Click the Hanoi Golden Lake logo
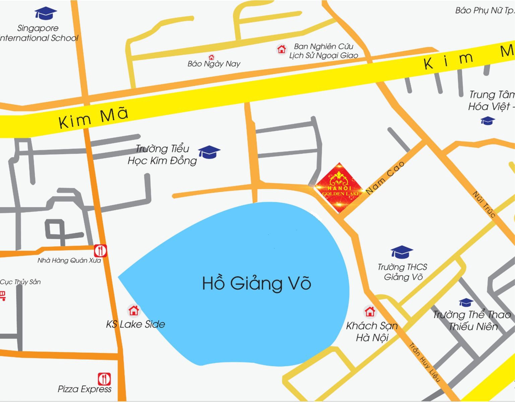[x=339, y=188]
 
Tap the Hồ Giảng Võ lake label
[x=257, y=283]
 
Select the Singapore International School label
[x=39, y=33]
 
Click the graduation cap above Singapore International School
[x=46, y=13]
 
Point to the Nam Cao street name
[x=385, y=178]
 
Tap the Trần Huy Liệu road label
[x=425, y=362]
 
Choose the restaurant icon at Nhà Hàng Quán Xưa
[x=100, y=251]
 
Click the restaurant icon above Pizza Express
[x=104, y=379]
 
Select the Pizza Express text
[x=84, y=389]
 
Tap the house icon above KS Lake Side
[x=134, y=311]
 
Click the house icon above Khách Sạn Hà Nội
[x=370, y=312]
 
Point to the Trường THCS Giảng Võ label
[x=402, y=272]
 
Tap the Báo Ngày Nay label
[x=214, y=64]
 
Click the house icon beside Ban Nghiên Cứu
[x=281, y=49]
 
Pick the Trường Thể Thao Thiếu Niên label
[x=472, y=320]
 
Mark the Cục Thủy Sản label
[x=20, y=282]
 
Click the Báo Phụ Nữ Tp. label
[x=485, y=10]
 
